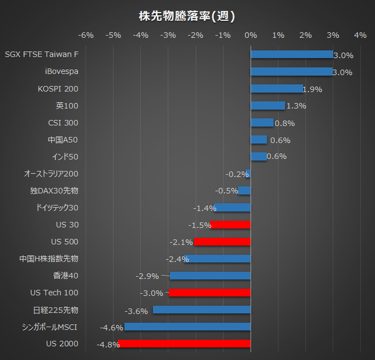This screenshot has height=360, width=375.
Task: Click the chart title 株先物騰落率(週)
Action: click(x=187, y=16)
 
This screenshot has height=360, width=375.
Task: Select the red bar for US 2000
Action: click(x=184, y=344)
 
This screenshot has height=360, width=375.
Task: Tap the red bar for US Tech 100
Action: click(x=209, y=293)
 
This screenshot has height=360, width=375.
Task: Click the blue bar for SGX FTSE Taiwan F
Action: click(x=292, y=55)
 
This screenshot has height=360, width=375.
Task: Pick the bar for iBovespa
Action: click(x=292, y=72)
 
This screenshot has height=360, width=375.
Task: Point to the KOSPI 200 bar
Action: click(x=277, y=89)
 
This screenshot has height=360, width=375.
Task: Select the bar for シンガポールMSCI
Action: click(x=187, y=327)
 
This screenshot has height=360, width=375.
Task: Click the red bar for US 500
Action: click(x=222, y=242)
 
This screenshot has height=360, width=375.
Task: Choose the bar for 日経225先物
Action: click(x=202, y=310)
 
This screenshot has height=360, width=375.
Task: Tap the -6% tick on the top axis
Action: click(x=86, y=36)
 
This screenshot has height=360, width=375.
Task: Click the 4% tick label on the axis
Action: click(x=360, y=36)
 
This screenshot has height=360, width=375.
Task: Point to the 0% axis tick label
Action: click(x=251, y=36)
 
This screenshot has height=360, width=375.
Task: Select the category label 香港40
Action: click(x=66, y=276)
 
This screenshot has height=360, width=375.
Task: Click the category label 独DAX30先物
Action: click(x=54, y=191)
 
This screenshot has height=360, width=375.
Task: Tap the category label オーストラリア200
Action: click(x=51, y=174)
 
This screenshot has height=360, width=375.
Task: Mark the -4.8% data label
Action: click(x=107, y=345)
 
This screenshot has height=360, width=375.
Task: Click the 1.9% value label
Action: click(x=312, y=89)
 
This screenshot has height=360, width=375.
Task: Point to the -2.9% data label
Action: click(x=147, y=276)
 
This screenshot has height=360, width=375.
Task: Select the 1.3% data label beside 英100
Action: click(x=296, y=106)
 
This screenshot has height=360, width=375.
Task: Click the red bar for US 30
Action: click(x=230, y=225)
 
